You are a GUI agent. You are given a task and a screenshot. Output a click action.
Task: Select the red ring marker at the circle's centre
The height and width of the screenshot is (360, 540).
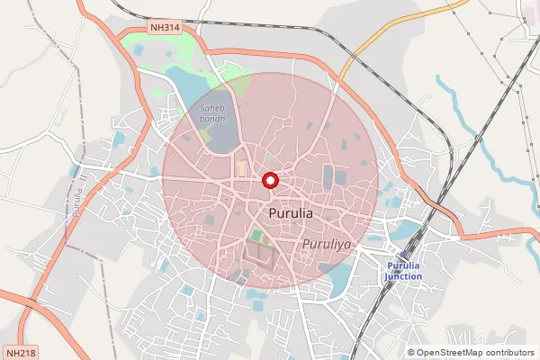270,180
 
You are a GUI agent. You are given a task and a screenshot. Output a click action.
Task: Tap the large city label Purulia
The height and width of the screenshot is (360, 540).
291,214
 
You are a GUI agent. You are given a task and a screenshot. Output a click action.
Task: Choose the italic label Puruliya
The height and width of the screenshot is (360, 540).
326,243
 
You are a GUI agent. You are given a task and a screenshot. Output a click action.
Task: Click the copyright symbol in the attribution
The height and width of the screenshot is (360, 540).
411,352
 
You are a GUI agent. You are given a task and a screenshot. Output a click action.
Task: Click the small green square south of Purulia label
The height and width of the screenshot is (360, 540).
256,237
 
